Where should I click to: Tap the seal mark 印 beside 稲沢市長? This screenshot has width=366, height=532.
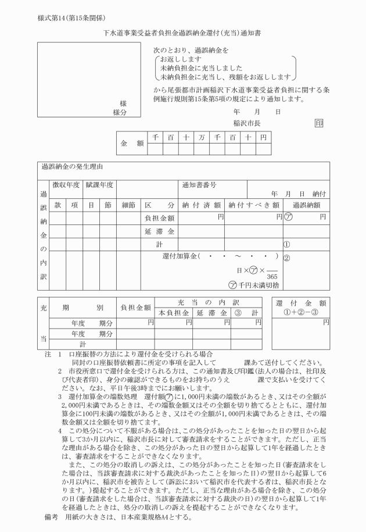click(x=318, y=123)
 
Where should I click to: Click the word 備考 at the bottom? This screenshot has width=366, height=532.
click(x=51, y=517)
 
